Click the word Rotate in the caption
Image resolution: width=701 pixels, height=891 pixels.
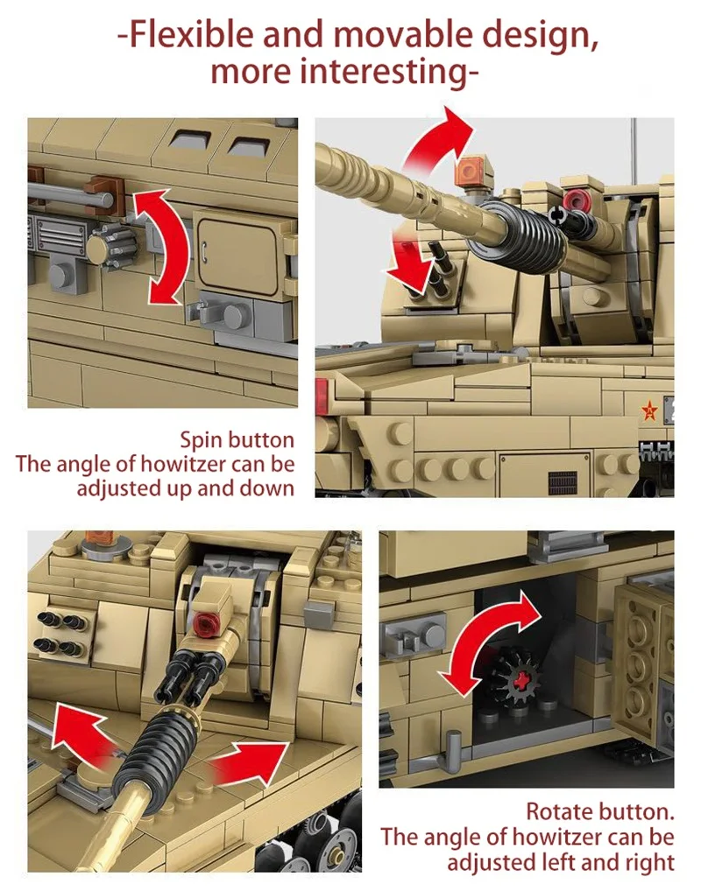tap(559, 813)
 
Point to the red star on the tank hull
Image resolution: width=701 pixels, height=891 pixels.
tap(649, 409)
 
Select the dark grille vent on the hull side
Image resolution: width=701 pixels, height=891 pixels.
tap(557, 481)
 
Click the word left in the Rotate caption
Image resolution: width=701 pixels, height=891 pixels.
tap(570, 863)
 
